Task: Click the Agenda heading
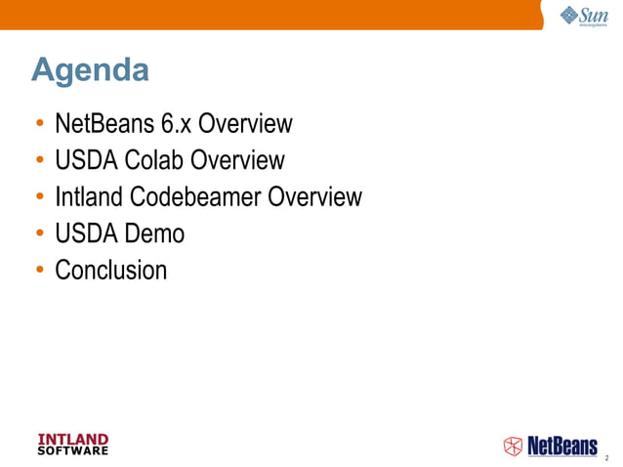[90, 71]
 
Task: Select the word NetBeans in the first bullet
[99, 125]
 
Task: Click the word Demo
[156, 233]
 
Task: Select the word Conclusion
[111, 270]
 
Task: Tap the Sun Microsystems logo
[583, 16]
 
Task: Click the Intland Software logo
[72, 444]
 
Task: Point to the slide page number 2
[606, 456]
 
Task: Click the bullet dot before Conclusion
[39, 271]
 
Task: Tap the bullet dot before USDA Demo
[39, 234]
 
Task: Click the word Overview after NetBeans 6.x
[245, 125]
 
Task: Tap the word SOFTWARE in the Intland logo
[72, 450]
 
